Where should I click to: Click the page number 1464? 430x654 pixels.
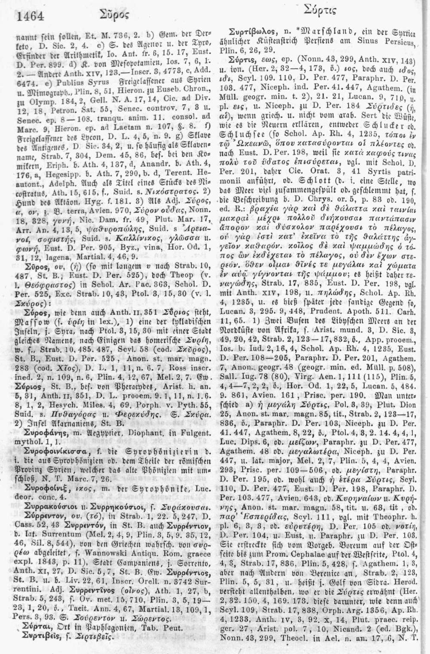(x=31, y=17)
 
